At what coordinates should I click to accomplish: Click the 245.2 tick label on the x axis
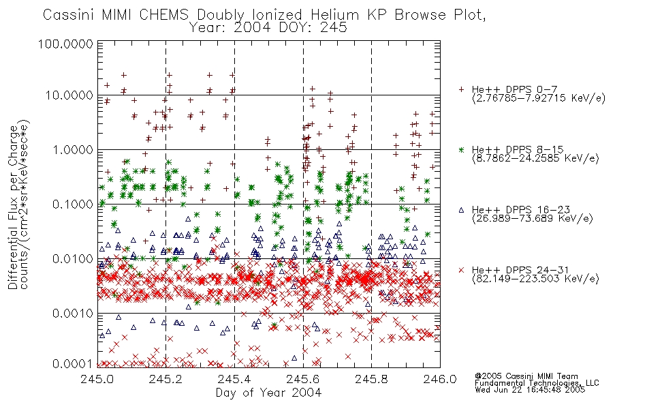coord(165,379)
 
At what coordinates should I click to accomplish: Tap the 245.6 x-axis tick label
coord(303,379)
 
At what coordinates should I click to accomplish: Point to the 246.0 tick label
coord(440,379)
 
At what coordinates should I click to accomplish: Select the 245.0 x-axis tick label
coord(97,379)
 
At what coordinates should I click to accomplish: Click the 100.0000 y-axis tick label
coord(65,44)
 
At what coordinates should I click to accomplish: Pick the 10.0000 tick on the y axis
coord(69,95)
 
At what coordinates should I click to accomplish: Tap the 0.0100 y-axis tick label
coord(73,259)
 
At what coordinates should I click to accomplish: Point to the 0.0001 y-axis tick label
coord(73,364)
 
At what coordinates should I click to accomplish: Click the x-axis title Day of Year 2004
coord(268,393)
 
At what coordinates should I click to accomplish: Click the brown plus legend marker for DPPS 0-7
coord(461,89)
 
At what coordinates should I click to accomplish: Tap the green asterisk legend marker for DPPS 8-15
coord(461,149)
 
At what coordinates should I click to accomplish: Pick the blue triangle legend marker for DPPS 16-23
coord(461,210)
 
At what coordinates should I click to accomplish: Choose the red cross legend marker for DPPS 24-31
coord(461,270)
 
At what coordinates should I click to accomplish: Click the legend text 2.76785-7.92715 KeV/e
coord(539,98)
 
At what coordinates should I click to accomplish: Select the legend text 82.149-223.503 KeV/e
coord(535,279)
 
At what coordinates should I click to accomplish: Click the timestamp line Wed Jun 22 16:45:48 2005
coord(530,390)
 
